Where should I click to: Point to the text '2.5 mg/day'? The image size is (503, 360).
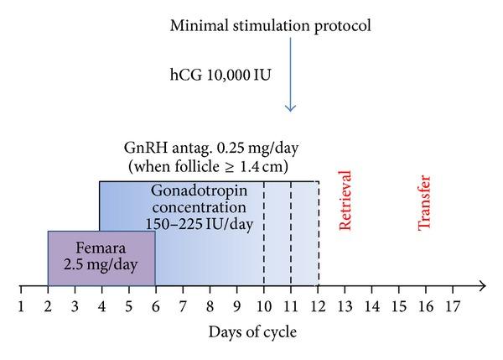pos(101,268)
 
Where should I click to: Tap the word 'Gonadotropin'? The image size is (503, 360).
pos(199,190)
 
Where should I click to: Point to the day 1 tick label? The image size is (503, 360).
pos(21,305)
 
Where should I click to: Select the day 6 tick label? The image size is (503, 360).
pos(155,305)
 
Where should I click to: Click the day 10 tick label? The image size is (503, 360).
pos(263,305)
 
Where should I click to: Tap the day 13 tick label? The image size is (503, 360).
pos(345,305)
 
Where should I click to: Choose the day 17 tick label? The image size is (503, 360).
pos(453,305)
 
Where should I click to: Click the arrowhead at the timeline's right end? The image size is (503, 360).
pos(484,286)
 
